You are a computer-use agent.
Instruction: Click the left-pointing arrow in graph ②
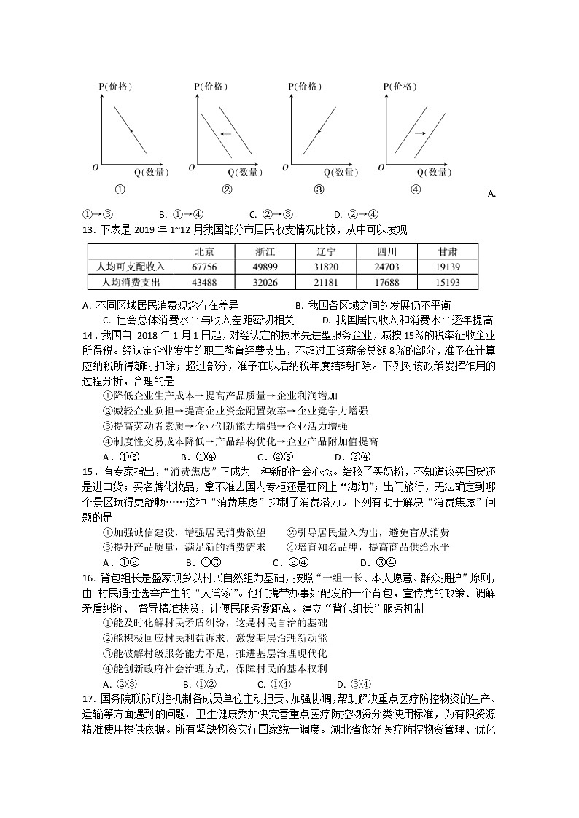(x=225, y=133)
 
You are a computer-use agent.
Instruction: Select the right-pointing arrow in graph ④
(x=419, y=133)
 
